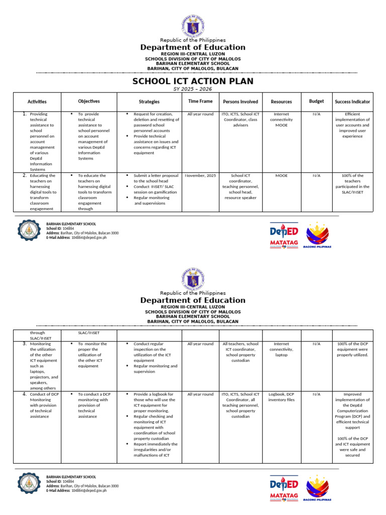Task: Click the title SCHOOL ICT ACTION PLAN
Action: [192, 81]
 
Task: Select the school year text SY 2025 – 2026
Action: [192, 89]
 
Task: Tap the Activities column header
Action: [37, 102]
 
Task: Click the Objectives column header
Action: [88, 101]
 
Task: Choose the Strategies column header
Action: [149, 102]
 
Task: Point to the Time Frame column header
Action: [200, 101]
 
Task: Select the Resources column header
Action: [281, 102]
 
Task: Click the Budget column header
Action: [316, 101]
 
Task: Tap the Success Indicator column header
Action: [352, 102]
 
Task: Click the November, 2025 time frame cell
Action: [200, 176]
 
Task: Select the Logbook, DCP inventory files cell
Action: [281, 397]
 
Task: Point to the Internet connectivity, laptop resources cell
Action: [281, 350]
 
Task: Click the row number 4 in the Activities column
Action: [24, 394]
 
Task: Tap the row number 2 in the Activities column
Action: [24, 176]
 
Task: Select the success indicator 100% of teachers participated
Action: [352, 184]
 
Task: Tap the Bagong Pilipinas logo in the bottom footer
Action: [318, 488]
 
